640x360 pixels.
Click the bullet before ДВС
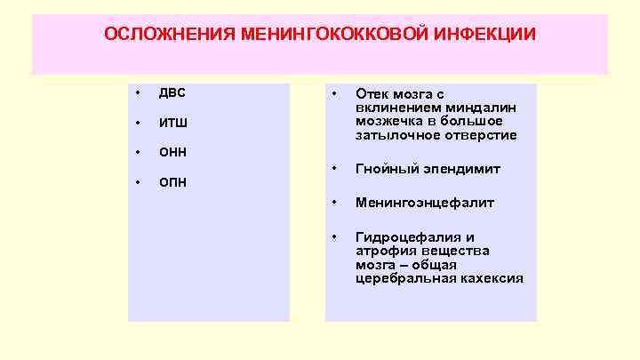[x=138, y=93]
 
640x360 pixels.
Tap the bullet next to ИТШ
[x=138, y=123]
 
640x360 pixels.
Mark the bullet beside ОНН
[x=138, y=152]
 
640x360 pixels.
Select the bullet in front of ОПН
[x=138, y=182]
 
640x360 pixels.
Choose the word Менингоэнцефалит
[x=425, y=203]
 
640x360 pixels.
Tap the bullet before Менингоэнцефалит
[x=334, y=203]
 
